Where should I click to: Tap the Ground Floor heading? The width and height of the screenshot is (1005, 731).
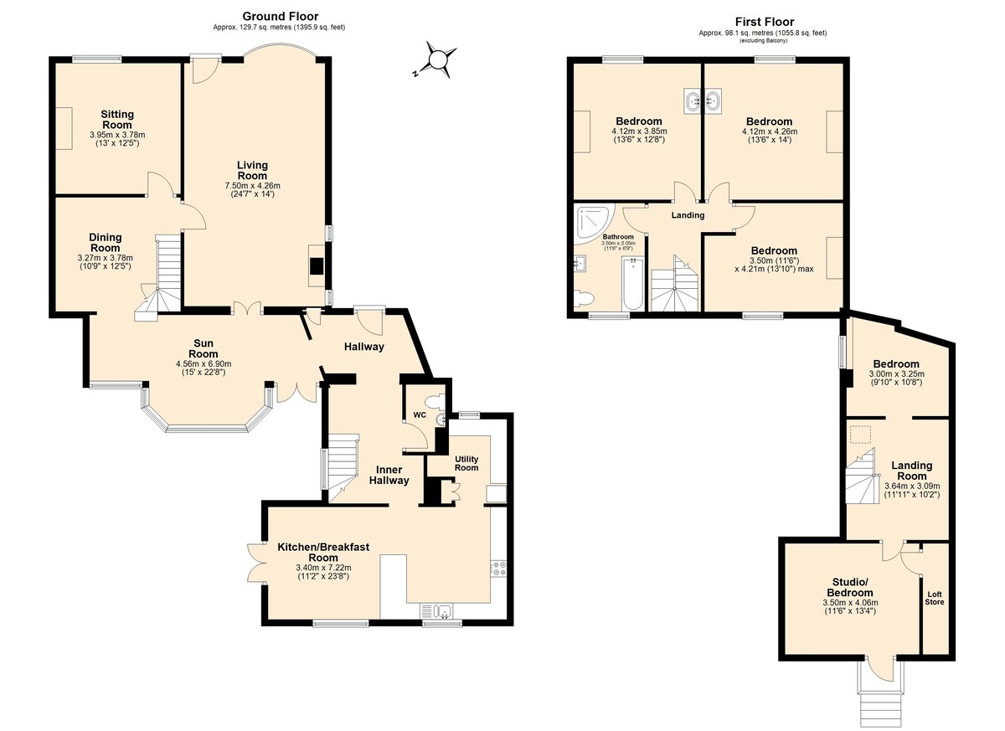coord(281,17)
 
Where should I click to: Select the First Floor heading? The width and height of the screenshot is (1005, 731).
coord(765,22)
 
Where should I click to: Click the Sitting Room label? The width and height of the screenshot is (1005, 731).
coord(117,120)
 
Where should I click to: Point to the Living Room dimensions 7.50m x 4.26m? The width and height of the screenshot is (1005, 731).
coord(253,186)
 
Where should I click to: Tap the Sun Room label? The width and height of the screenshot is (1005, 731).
coord(204,348)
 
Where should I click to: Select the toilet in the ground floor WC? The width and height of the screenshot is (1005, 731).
coord(435,401)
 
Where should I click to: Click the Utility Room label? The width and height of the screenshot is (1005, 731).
coord(466,463)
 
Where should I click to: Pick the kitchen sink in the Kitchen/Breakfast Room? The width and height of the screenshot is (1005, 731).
coord(436,611)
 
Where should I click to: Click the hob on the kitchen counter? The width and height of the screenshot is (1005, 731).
coord(499,569)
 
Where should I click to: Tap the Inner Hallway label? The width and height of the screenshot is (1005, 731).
coord(389,475)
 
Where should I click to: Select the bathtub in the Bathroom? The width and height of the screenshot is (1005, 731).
coord(632,283)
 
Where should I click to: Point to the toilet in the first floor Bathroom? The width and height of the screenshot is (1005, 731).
coord(584,298)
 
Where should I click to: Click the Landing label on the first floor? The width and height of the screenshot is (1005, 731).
coord(688,215)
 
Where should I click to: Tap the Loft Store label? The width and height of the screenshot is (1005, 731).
coord(935,598)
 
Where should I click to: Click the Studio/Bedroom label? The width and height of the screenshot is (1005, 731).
coord(850,587)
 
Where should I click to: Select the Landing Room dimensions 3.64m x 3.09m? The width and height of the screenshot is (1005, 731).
coord(912,486)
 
